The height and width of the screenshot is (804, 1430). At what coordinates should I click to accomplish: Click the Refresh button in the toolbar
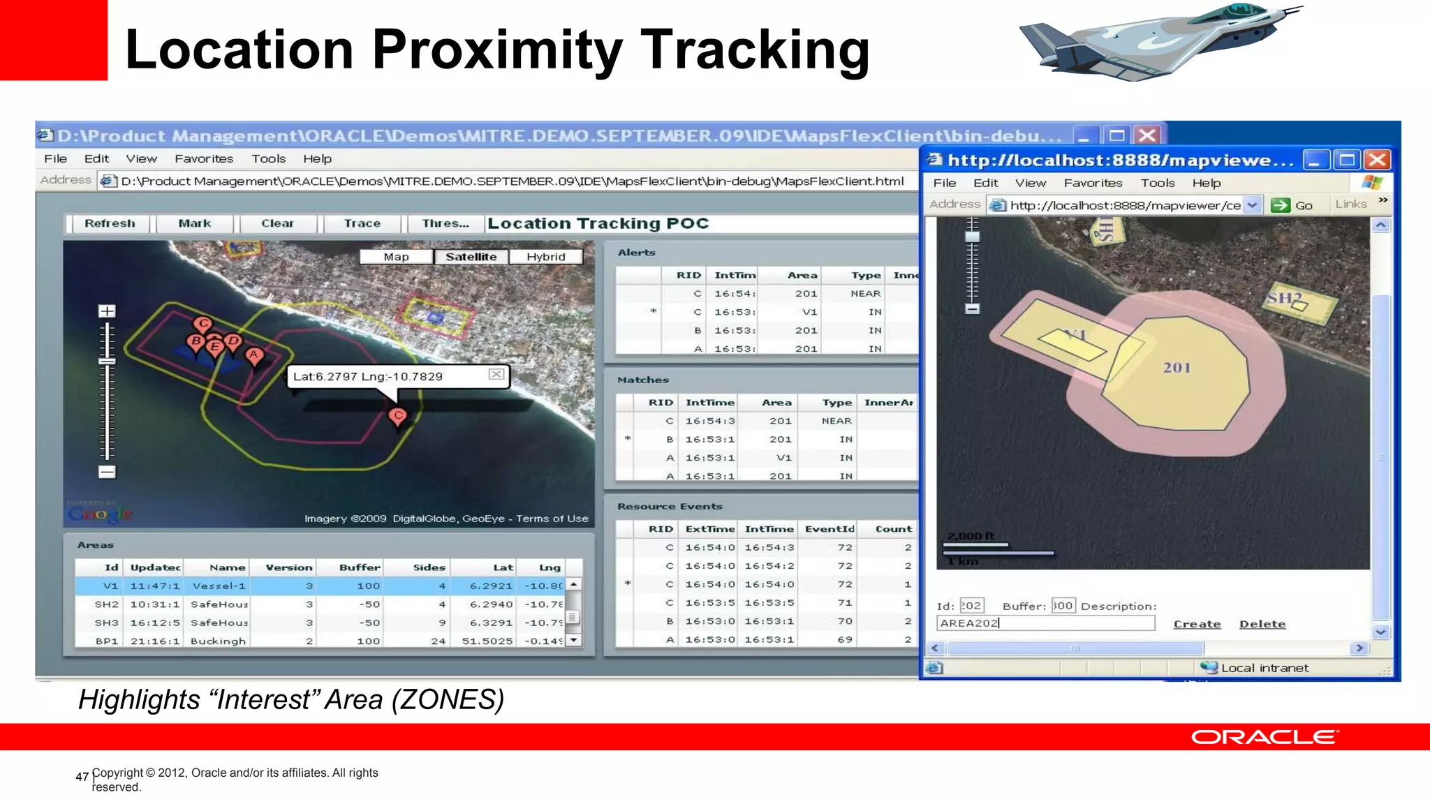(110, 223)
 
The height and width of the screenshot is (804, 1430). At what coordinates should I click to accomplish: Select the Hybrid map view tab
(546, 257)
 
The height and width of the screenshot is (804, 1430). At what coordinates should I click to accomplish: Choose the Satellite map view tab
(471, 257)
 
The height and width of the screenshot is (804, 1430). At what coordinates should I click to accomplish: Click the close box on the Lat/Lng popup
(496, 375)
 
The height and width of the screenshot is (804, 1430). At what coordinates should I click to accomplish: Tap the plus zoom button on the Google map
(107, 311)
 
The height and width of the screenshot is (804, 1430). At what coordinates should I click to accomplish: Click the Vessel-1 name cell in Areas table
(219, 586)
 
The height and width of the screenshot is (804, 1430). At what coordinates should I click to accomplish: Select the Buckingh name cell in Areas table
(218, 641)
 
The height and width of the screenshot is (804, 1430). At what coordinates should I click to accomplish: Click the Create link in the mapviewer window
(1197, 624)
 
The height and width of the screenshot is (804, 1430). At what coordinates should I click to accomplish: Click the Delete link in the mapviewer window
(1262, 624)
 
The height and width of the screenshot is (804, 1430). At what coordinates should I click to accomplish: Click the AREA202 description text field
(1045, 623)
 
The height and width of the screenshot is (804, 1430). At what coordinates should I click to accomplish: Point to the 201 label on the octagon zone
(1177, 368)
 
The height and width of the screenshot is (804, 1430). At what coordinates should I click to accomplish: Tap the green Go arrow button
(1281, 205)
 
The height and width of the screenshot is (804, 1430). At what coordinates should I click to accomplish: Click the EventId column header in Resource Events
(830, 529)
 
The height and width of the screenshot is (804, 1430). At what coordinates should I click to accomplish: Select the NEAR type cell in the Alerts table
(865, 294)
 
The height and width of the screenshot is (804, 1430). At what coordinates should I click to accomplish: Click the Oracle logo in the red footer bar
(1265, 738)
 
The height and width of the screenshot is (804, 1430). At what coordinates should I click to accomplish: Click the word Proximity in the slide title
(497, 50)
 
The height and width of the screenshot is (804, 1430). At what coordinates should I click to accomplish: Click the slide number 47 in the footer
(82, 777)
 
